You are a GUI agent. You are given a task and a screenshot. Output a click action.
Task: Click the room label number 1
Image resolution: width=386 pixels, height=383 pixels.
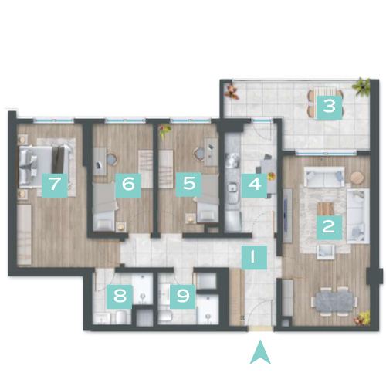pyautogui.click(x=254, y=257)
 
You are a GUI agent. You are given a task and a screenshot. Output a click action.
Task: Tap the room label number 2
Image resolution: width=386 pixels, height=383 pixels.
pyautogui.click(x=329, y=228)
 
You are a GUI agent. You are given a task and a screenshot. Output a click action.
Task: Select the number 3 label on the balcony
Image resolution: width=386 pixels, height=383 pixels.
pyautogui.click(x=330, y=107)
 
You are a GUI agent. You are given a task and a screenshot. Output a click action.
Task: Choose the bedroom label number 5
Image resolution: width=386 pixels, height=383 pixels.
pyautogui.click(x=188, y=185)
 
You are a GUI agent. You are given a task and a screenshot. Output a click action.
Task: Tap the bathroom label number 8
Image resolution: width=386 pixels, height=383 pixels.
pyautogui.click(x=120, y=297)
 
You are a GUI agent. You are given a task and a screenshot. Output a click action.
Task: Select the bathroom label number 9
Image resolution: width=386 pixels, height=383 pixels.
pyautogui.click(x=183, y=297)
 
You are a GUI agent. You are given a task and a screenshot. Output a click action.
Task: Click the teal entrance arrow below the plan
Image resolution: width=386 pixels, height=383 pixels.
pyautogui.click(x=260, y=353)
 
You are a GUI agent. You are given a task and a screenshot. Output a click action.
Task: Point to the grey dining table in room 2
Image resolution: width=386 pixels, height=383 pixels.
pyautogui.click(x=334, y=301)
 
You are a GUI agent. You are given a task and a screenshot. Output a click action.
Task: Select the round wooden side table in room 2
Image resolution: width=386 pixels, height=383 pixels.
pyautogui.click(x=357, y=178)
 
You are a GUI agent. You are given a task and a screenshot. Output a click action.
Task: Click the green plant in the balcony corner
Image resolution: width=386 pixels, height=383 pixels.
pyautogui.click(x=362, y=87)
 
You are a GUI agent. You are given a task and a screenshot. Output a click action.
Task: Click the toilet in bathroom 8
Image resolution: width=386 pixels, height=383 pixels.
pyautogui.click(x=120, y=317)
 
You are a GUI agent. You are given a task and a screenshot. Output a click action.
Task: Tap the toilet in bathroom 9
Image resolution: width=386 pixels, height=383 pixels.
pyautogui.click(x=165, y=317)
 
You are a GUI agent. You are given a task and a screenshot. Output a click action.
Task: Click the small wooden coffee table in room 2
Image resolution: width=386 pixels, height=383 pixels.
pyautogui.click(x=326, y=209)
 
